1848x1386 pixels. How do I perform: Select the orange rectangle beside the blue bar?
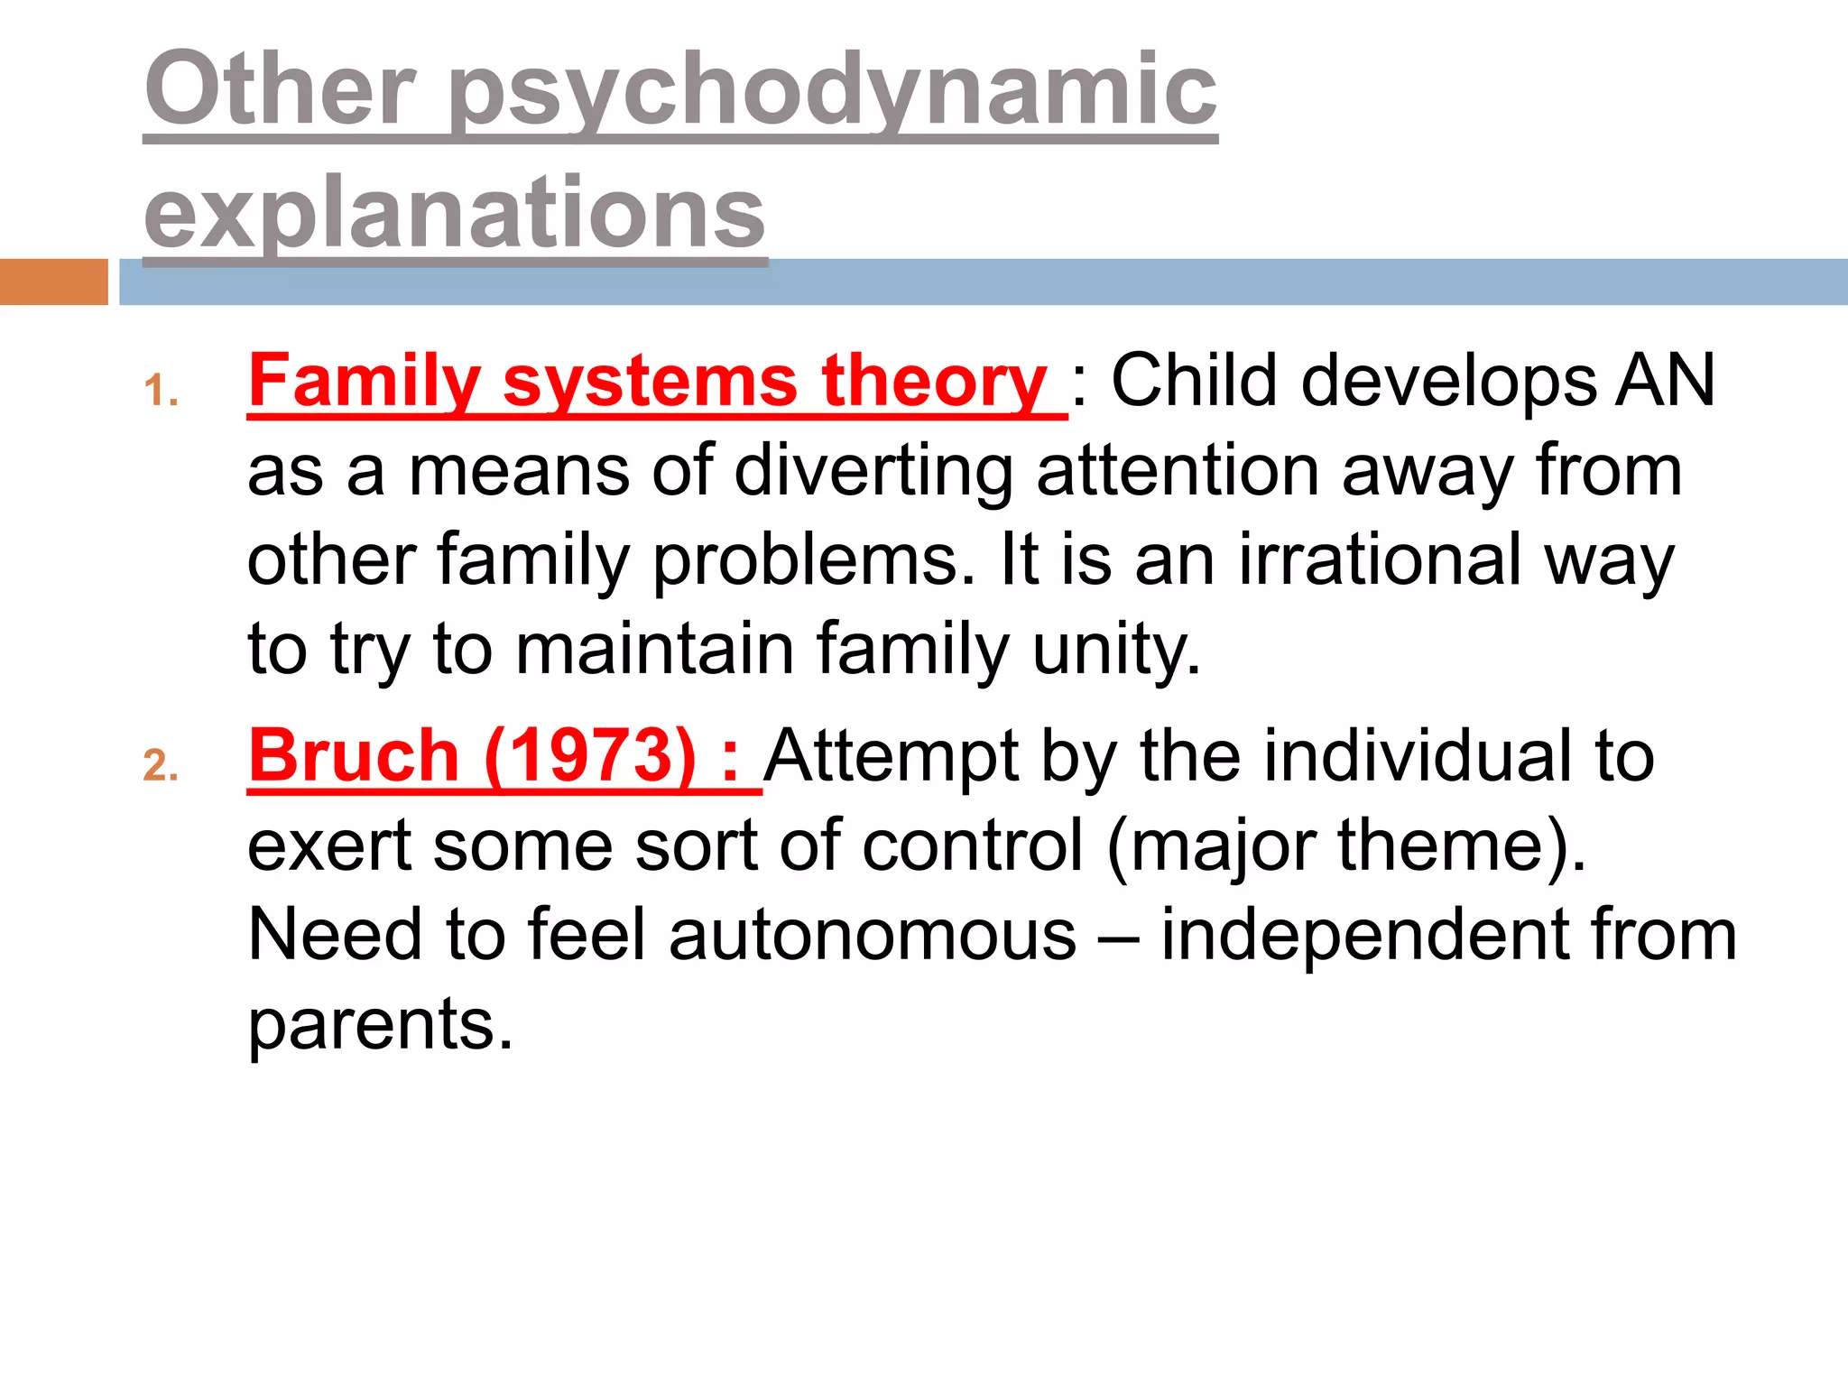point(53,282)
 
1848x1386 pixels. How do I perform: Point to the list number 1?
point(161,392)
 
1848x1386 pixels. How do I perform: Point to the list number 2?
point(161,766)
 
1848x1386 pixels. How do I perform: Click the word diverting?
point(873,471)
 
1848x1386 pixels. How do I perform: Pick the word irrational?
point(1380,559)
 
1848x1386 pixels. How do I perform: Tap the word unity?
point(1116,650)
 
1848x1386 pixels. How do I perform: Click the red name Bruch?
point(354,756)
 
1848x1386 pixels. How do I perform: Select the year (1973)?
point(590,756)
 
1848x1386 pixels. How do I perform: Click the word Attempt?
point(891,756)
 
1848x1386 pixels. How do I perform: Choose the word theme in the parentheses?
point(1452,845)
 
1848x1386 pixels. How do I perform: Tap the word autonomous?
point(873,935)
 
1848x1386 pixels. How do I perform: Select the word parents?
point(380,1025)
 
